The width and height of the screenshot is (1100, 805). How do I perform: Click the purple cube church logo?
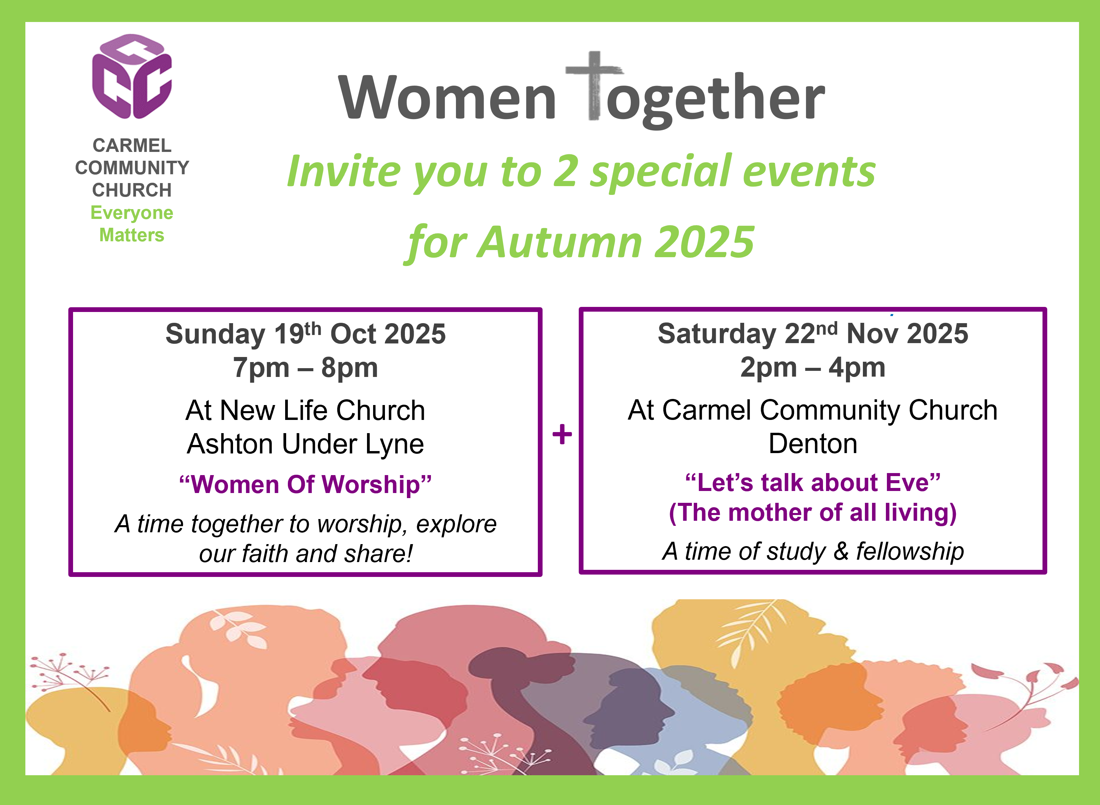click(x=132, y=76)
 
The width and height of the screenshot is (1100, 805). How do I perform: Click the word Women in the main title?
click(x=447, y=97)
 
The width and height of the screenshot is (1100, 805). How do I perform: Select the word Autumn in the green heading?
click(x=559, y=242)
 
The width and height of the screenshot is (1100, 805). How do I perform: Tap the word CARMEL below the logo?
click(x=132, y=145)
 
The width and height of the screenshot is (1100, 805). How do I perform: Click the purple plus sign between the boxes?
click(x=562, y=434)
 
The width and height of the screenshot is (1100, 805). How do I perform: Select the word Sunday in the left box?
click(x=215, y=335)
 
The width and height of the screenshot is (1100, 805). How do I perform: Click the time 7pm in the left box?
click(x=261, y=368)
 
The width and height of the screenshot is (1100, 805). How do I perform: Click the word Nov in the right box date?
click(x=872, y=334)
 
